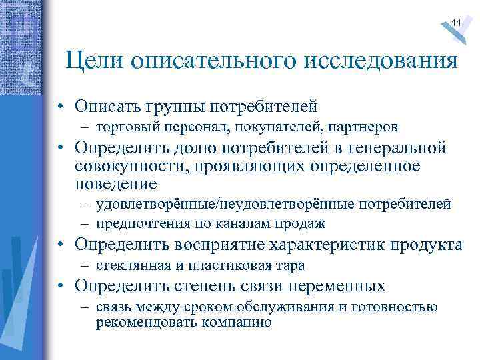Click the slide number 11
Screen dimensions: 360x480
[456, 23]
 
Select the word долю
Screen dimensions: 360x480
[193, 148]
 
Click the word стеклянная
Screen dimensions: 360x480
[130, 265]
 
